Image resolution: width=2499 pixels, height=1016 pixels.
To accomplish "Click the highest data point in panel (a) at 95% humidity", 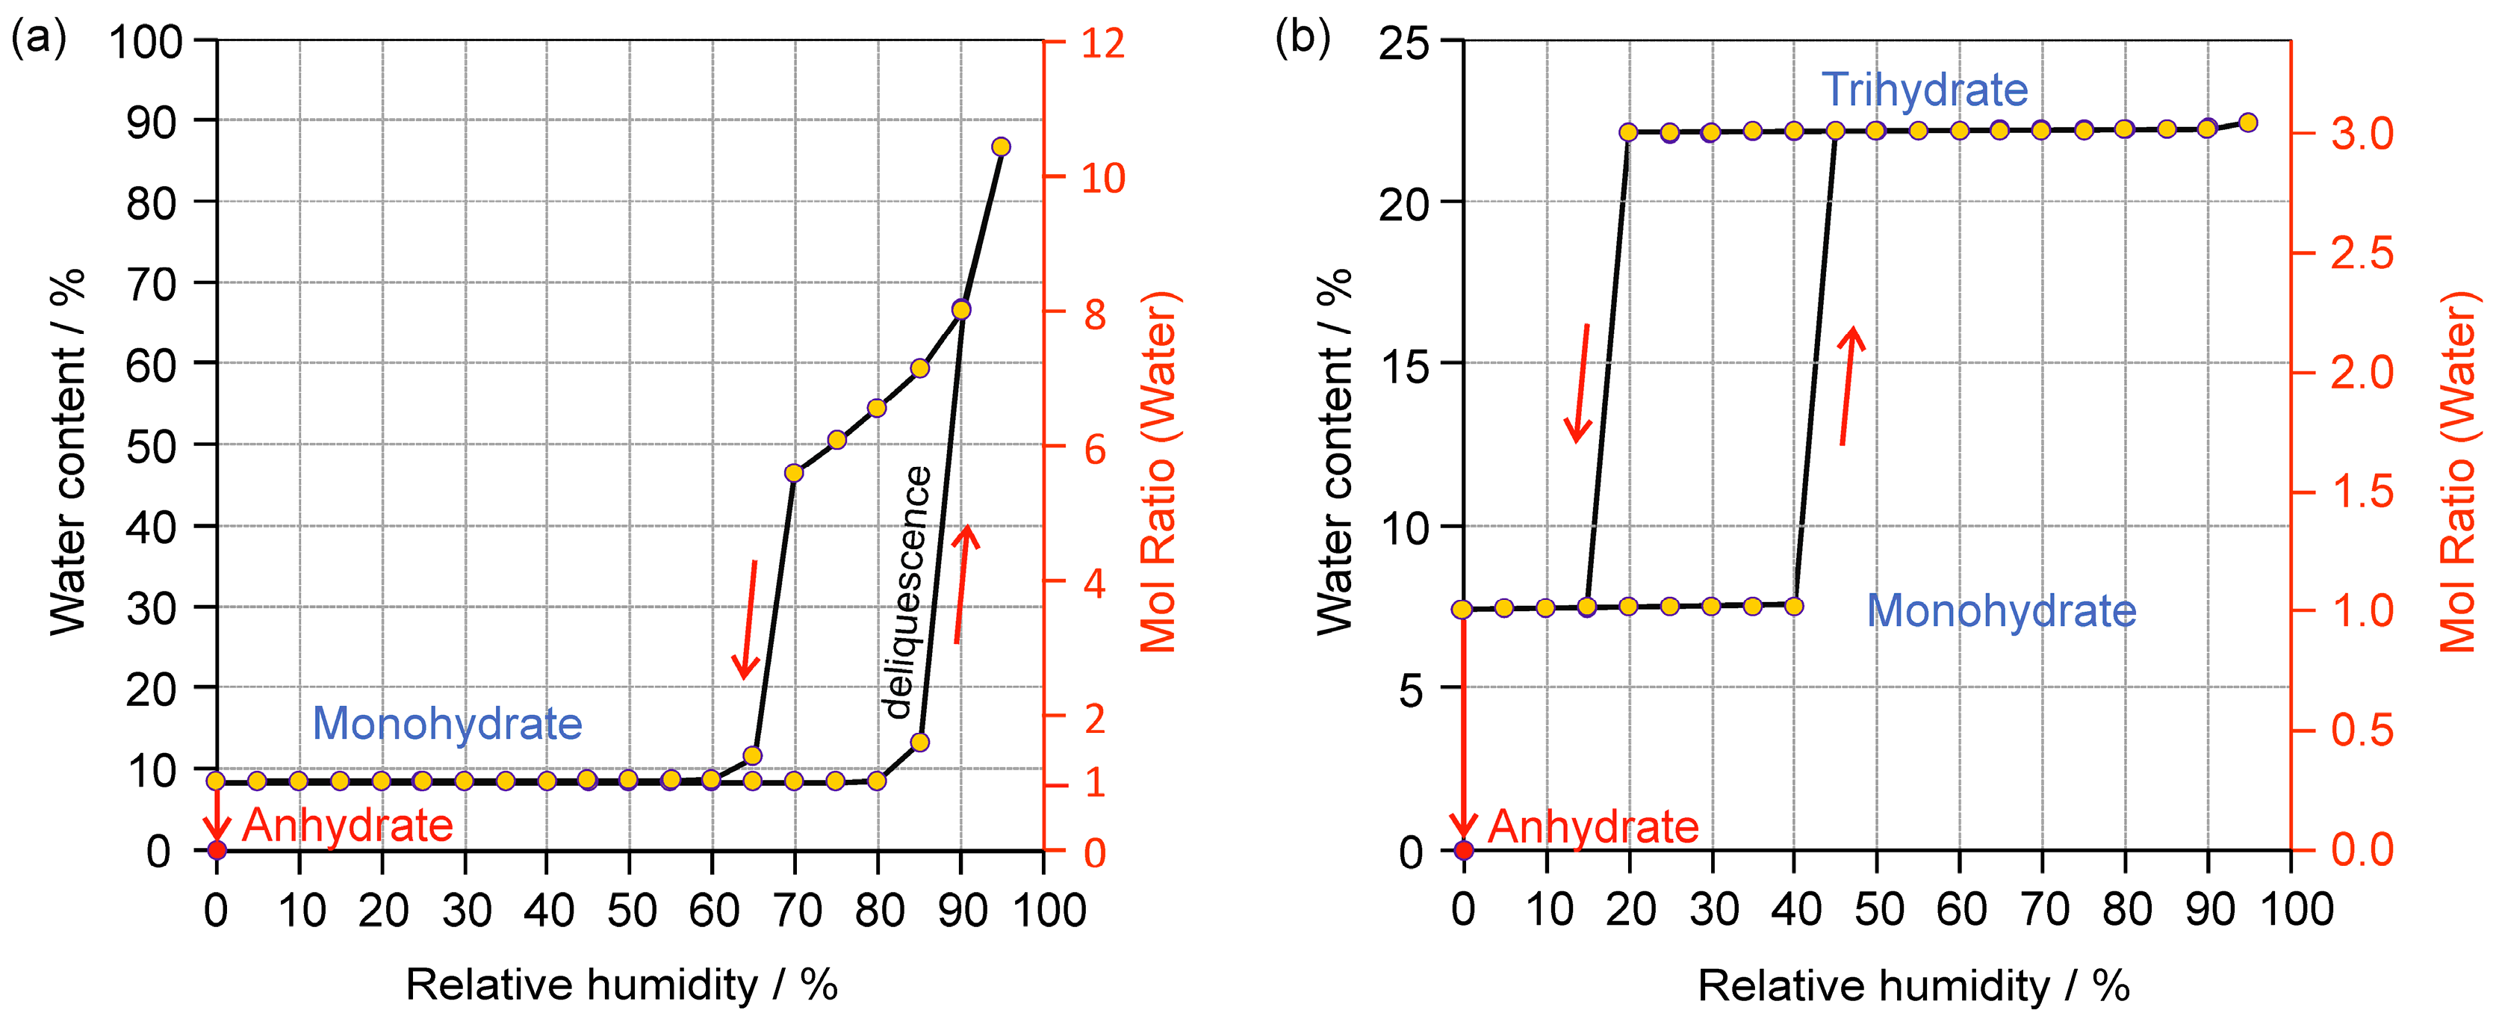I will (1001, 146).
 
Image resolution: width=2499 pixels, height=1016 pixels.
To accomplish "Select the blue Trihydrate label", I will (1924, 90).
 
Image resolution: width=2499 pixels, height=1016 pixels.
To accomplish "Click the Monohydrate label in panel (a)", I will (447, 723).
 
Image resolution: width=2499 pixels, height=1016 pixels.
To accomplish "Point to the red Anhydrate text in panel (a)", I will (347, 825).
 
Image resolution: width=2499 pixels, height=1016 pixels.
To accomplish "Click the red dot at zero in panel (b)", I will (1464, 850).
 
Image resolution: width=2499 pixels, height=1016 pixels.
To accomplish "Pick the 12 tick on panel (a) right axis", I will (1103, 43).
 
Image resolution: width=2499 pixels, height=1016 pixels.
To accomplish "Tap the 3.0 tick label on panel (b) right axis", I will (2362, 133).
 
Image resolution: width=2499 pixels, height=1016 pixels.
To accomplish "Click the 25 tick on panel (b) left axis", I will (1404, 43).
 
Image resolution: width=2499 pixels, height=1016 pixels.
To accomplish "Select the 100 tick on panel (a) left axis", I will (146, 43).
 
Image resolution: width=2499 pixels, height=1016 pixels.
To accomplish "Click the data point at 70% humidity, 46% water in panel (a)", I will (794, 473).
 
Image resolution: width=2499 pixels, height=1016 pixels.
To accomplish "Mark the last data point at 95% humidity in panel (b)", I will (2248, 123).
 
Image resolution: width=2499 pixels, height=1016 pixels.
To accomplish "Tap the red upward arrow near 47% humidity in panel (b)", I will (1848, 386).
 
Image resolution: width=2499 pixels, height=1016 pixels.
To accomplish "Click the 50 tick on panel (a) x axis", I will (632, 910).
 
